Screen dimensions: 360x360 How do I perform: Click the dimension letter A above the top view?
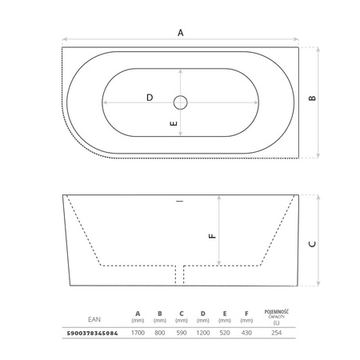(x=181, y=33)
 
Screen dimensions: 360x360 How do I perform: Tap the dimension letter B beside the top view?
(x=312, y=98)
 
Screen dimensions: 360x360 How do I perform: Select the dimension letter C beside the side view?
(x=312, y=244)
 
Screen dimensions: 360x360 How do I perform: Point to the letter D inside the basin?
(x=150, y=98)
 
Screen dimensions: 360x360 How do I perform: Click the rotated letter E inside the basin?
(x=174, y=123)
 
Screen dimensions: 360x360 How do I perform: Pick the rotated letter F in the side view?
(x=213, y=236)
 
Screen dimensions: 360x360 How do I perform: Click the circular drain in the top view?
(x=181, y=102)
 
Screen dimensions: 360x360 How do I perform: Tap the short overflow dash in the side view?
(x=180, y=201)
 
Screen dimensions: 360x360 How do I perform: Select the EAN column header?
(x=94, y=319)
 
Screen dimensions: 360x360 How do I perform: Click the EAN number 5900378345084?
(x=92, y=333)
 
